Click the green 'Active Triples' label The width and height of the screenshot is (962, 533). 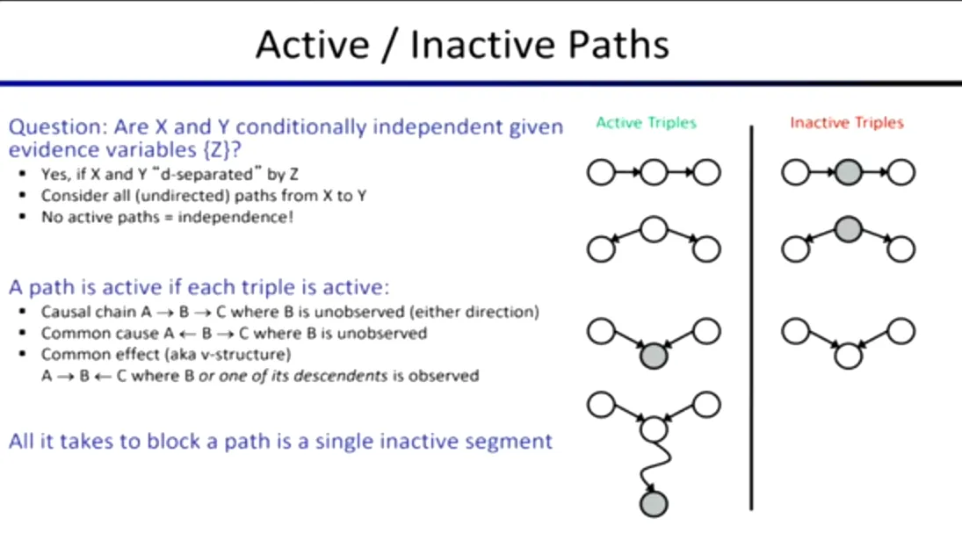pos(646,123)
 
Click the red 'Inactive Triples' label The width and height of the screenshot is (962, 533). pos(847,123)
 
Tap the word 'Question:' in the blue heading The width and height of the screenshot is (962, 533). pos(58,127)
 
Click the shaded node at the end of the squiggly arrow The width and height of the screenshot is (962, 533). pos(654,504)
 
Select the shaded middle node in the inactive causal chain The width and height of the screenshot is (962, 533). pos(848,172)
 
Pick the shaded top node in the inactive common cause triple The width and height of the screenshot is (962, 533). pos(848,229)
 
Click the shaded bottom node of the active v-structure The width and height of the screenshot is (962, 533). pos(654,356)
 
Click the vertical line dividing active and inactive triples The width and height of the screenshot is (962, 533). pos(751,318)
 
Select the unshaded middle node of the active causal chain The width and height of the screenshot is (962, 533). pos(654,172)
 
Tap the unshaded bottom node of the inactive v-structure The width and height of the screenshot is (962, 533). pos(848,356)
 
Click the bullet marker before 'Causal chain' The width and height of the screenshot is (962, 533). pos(23,312)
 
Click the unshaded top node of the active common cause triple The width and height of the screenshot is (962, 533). pos(654,229)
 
